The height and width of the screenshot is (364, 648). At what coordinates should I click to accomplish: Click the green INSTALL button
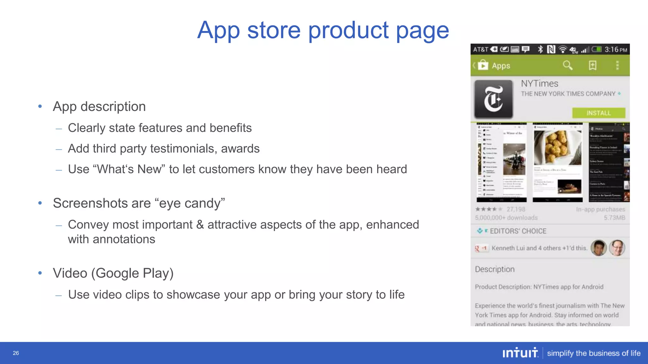pos(598,113)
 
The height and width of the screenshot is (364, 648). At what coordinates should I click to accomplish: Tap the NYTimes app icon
pos(493,99)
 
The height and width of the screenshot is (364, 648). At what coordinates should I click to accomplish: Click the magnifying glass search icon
pos(568,65)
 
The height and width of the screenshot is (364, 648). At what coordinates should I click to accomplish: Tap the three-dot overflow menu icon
pos(617,65)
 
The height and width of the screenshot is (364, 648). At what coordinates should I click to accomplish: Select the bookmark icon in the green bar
pos(592,65)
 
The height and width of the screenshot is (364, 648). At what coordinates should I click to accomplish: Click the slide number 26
pos(16,353)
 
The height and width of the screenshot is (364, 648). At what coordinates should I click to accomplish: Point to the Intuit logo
pos(520,353)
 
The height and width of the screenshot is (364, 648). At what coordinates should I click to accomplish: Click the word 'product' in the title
pos(348,30)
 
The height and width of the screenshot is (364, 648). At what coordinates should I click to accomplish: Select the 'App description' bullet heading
pos(99,106)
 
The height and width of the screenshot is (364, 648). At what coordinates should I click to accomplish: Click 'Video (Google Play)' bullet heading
pos(113,273)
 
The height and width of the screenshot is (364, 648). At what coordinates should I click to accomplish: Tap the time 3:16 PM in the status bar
pos(615,50)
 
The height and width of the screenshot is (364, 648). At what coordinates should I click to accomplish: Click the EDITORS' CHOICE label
pos(518,231)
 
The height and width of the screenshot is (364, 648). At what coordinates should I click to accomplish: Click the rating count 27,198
pos(516,209)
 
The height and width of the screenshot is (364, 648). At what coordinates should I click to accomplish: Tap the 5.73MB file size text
pos(614,218)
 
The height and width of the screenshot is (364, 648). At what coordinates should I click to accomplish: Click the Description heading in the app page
pos(495,269)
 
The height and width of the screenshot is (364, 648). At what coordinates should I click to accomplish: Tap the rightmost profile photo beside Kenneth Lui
pos(617,248)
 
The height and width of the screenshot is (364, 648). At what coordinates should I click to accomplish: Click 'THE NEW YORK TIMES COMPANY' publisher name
pos(568,94)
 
